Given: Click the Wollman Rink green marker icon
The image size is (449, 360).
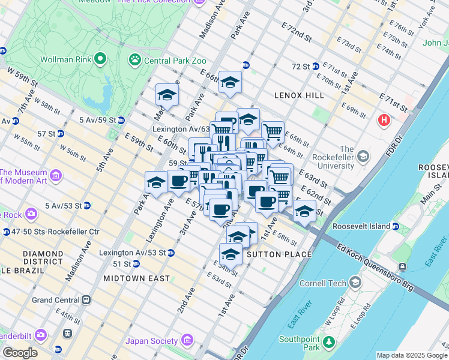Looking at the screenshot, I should click(100, 59).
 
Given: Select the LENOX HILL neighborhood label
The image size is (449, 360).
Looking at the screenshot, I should click(299, 95).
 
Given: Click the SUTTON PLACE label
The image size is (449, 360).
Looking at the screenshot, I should click(279, 254).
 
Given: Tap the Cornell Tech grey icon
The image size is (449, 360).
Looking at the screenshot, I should click(356, 283).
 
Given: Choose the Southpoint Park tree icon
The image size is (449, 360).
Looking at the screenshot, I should click(328, 343).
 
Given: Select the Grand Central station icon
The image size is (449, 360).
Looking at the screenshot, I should click(86, 299).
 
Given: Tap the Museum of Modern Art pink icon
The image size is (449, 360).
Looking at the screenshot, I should click(56, 175).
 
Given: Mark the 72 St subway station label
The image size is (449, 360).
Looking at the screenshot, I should click(300, 66).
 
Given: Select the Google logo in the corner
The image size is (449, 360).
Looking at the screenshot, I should click(20, 352).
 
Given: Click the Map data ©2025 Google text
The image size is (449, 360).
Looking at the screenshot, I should click(411, 355).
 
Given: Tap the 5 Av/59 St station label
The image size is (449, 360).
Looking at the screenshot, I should click(98, 120).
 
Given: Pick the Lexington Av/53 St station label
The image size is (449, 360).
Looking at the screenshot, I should click(132, 253).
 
